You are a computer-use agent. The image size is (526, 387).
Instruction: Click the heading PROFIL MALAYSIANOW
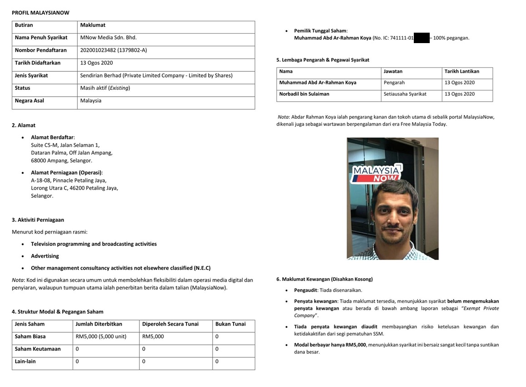pos(40,13)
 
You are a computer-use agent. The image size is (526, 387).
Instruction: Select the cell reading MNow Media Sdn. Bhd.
pos(108,38)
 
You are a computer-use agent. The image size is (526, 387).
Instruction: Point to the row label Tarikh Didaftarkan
pos(38,63)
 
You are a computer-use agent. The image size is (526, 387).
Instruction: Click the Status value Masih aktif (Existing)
pos(105,88)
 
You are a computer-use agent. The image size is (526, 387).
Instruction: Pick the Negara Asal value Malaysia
pos(91,101)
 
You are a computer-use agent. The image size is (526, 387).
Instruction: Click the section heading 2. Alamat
pos(24,125)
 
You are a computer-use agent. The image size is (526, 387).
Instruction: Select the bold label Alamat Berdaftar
pos(53,137)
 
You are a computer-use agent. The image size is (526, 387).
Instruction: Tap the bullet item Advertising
pos(45,256)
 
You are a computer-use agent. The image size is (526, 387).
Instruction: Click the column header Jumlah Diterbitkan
pos(99,324)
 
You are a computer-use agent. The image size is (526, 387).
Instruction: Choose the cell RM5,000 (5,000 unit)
pos(101,337)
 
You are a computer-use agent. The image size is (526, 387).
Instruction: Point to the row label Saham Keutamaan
pos(38,349)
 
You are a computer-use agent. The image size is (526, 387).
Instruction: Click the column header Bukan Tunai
pos(230,324)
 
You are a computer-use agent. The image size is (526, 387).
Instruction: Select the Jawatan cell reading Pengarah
pos(394,83)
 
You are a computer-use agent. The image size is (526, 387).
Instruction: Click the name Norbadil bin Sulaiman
pos(304,94)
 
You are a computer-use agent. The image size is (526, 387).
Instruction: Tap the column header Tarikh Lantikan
pos(462,71)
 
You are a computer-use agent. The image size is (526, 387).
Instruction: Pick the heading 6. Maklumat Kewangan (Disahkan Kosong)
pos(324,279)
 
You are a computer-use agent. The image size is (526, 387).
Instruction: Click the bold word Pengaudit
pos(306,290)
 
